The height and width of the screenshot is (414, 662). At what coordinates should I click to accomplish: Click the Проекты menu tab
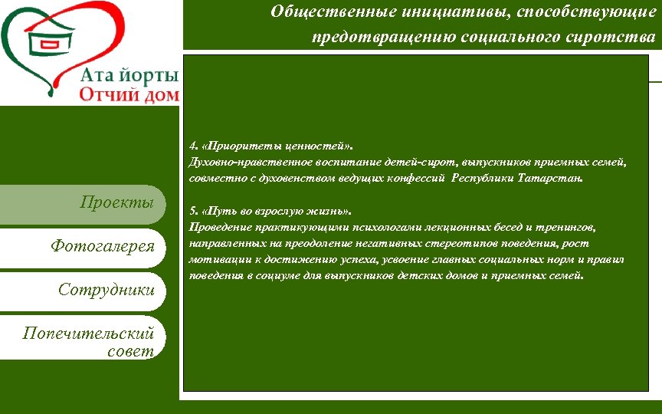[122, 204]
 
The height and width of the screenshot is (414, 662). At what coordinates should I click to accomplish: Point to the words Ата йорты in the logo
[129, 75]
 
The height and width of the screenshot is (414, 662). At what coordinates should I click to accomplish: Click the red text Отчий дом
[129, 95]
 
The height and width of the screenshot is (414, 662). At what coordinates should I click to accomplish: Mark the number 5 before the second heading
[192, 211]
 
